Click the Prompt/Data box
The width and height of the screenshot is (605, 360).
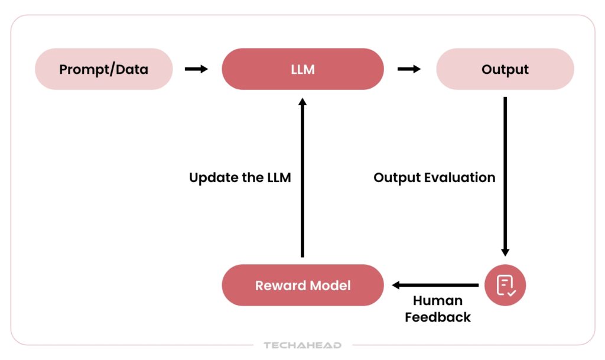pos(104,69)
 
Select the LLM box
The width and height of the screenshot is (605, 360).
pos(303,69)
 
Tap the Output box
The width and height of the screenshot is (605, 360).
pos(505,69)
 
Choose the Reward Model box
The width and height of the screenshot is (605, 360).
pos(303,285)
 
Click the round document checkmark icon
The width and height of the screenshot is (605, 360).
pos(505,285)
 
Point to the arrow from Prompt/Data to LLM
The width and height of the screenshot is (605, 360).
pos(196,69)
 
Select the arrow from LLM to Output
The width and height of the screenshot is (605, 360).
pos(409,69)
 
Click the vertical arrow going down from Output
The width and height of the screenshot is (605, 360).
pos(505,176)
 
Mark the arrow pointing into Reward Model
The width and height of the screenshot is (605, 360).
pos(435,285)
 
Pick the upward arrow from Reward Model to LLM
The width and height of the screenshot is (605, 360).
pos(302,177)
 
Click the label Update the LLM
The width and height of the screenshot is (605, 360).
pos(240,177)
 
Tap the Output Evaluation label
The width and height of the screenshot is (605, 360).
pos(434,177)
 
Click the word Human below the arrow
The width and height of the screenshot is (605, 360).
pos(438,300)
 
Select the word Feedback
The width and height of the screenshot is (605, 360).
pos(438,317)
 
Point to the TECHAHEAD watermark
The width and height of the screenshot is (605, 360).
pos(302,345)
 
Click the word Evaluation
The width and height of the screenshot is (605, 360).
pos(460,177)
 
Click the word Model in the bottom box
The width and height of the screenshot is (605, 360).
pos(330,286)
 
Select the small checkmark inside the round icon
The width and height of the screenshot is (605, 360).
pos(512,293)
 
